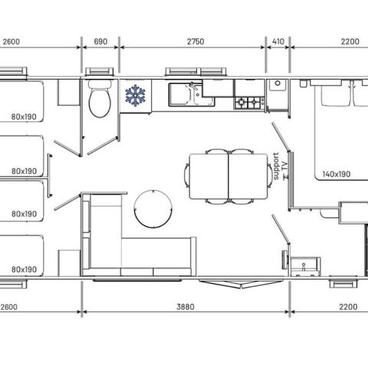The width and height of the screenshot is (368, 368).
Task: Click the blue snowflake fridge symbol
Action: pyautogui.click(x=136, y=95)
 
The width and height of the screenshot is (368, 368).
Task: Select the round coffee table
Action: pyautogui.click(x=153, y=209)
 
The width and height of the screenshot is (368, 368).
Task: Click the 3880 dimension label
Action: pyautogui.click(x=186, y=307)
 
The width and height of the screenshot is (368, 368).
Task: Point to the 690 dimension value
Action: pyautogui.click(x=100, y=41)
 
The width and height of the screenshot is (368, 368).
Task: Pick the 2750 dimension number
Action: pyautogui.click(x=195, y=41)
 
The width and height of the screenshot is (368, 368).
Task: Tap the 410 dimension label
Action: pyautogui.click(x=278, y=41)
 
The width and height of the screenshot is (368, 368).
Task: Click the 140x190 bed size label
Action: pyautogui.click(x=337, y=174)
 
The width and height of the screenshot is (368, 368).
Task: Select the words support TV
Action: pyautogui.click(x=281, y=166)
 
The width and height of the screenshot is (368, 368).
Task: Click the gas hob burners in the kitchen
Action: pyautogui.click(x=249, y=103)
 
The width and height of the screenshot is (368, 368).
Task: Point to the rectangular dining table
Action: pyautogui.click(x=228, y=176)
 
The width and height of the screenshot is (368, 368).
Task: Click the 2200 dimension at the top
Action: pyautogui.click(x=350, y=41)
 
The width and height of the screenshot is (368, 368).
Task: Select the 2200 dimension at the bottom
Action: pyautogui.click(x=348, y=307)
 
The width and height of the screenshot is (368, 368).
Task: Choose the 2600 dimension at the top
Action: pyautogui.click(x=11, y=41)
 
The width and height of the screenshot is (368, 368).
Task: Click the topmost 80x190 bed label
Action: pyautogui.click(x=24, y=117)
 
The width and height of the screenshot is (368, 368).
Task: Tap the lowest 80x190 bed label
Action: pyautogui.click(x=24, y=269)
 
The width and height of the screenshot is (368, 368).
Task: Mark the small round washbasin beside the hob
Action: pyautogui.click(x=278, y=84)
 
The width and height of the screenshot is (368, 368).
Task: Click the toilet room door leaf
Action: pyautogui.click(x=103, y=146)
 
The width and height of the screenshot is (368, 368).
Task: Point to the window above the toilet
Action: pyautogui.click(x=100, y=71)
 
